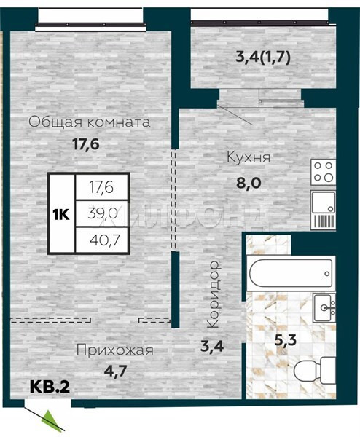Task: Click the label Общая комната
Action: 90,122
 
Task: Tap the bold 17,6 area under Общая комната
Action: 86,144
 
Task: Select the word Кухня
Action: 249,157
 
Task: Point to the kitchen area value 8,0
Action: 249,183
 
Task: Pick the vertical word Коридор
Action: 214,294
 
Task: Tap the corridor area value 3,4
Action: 213,347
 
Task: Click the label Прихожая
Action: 115,350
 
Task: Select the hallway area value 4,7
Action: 116,371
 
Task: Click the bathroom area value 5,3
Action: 285,340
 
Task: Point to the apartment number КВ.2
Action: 50,387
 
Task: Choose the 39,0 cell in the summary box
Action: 103,213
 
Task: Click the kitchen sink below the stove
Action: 323,210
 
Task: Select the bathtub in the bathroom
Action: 291,273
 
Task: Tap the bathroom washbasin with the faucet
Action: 324,307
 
